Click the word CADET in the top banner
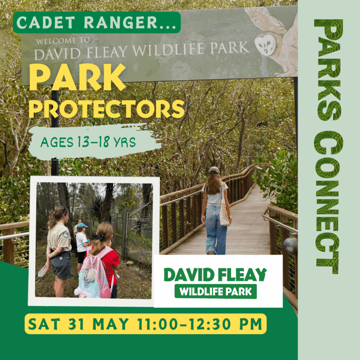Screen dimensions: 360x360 tap(46, 22)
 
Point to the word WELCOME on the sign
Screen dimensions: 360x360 tap(56, 41)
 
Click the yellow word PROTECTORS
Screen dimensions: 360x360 tap(107, 109)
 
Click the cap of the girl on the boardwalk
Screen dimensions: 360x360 tap(214, 170)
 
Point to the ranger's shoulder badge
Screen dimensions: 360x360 tap(66, 234)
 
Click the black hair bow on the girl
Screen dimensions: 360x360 tap(99, 237)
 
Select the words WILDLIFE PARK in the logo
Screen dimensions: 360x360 tap(216, 292)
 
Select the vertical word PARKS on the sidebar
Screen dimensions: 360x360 tap(328, 70)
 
